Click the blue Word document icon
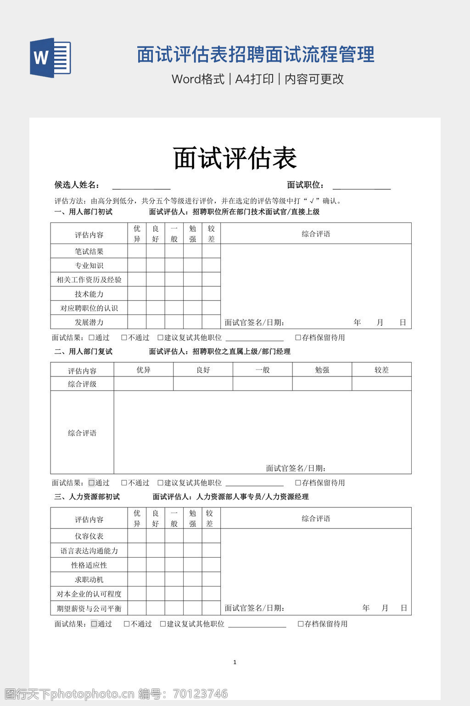click(50, 58)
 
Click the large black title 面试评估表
click(235, 158)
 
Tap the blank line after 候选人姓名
click(141, 185)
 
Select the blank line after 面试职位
click(362, 185)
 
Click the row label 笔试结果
click(89, 251)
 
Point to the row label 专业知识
click(89, 266)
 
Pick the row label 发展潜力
click(89, 322)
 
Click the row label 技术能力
click(89, 294)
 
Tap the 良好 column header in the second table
click(203, 370)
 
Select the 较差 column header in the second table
click(381, 370)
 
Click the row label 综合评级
click(82, 384)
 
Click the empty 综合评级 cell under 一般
click(263, 384)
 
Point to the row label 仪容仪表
click(89, 536)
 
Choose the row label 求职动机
click(89, 580)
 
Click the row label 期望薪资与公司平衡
click(89, 609)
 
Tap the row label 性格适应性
click(89, 565)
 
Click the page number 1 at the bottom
click(235, 662)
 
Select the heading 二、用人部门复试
click(84, 352)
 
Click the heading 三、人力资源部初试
click(87, 497)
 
